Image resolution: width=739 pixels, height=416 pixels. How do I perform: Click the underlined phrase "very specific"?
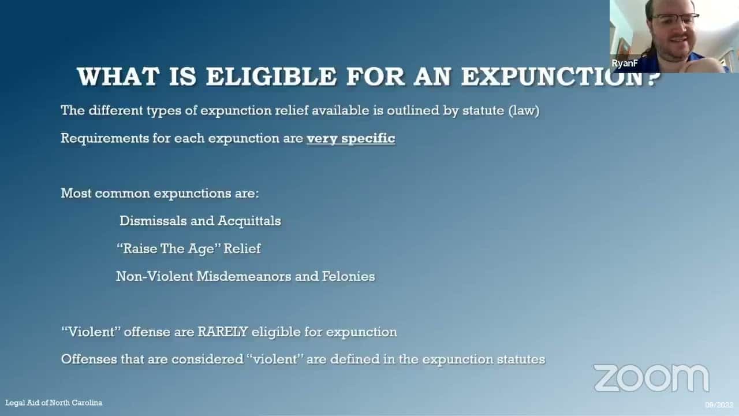pyautogui.click(x=351, y=139)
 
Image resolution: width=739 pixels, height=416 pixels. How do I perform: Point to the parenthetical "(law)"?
pyautogui.click(x=524, y=111)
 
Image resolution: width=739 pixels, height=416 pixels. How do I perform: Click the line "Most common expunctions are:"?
pyautogui.click(x=160, y=193)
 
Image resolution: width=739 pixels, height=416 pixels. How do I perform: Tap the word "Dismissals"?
pyautogui.click(x=155, y=221)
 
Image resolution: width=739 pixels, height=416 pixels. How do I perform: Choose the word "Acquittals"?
pyautogui.click(x=249, y=221)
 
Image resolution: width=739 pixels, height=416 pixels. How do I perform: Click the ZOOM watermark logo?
pyautogui.click(x=651, y=378)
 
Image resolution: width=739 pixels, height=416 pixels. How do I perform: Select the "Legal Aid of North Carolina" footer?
pyautogui.click(x=54, y=403)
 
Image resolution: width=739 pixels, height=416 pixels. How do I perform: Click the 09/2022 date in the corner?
pyautogui.click(x=719, y=404)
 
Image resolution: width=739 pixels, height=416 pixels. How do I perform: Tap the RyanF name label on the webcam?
pyautogui.click(x=625, y=64)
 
